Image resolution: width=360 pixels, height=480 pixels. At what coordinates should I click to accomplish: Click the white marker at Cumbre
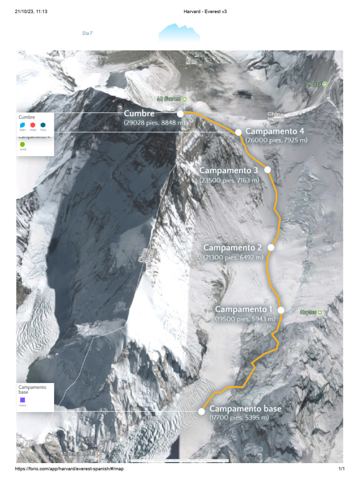coord(180,113)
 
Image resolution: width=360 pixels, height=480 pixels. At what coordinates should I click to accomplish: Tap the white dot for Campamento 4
coord(238,132)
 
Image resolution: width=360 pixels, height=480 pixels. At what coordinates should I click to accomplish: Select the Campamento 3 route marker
coord(268,170)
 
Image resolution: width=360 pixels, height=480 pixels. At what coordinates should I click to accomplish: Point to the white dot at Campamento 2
coord(270,247)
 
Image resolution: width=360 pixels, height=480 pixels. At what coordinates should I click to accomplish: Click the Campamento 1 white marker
coord(281,310)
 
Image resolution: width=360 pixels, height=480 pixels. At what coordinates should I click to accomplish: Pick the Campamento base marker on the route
coord(202,412)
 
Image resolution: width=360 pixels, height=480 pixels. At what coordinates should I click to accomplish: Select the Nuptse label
coord(311,312)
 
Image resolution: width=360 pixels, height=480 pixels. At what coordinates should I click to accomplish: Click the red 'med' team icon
coord(32,125)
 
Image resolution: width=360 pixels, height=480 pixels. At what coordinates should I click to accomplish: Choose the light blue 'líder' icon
coord(22,125)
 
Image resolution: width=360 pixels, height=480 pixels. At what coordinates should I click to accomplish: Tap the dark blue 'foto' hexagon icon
coord(43,125)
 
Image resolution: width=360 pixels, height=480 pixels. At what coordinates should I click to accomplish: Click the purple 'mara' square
coord(22,400)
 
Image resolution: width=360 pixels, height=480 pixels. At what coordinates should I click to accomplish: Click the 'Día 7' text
coord(87,33)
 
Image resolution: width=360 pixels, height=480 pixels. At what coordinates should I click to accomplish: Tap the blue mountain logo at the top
coord(179,33)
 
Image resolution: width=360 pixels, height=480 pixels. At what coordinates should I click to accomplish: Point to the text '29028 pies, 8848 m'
coord(155,123)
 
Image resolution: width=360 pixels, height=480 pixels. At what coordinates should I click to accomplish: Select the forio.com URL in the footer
coord(69,469)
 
